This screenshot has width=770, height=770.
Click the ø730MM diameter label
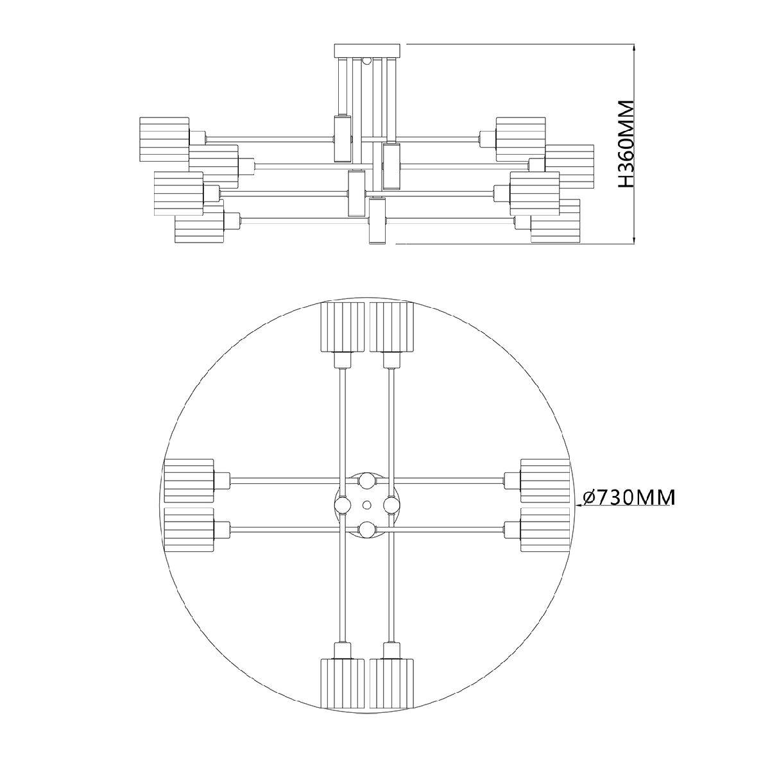(629, 497)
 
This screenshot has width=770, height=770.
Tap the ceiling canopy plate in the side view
(367, 50)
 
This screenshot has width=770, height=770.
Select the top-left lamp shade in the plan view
(343, 327)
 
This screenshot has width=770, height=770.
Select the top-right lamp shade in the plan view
(392, 327)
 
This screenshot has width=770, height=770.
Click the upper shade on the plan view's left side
(189, 480)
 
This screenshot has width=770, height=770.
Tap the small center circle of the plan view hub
(367, 505)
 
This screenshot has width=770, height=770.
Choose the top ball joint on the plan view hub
(367, 480)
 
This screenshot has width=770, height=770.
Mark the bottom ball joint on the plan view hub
(367, 529)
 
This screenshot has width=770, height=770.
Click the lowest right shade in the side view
(556, 221)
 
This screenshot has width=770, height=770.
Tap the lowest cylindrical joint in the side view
(377, 221)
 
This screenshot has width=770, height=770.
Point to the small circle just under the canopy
(367, 61)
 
